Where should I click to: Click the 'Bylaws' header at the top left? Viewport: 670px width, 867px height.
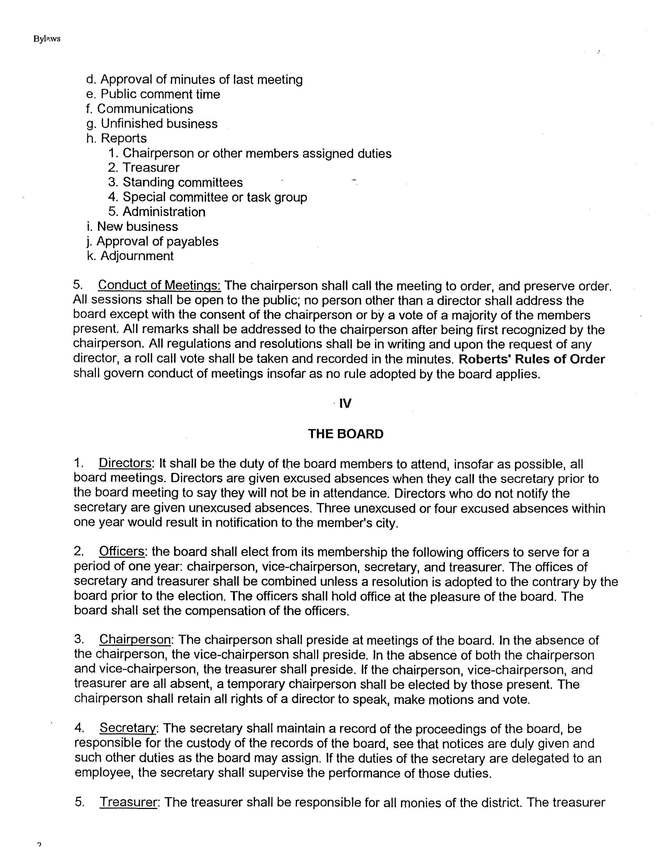(47, 39)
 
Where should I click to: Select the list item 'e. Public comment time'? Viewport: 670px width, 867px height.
(153, 94)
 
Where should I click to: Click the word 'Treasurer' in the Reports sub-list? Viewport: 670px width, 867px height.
(151, 168)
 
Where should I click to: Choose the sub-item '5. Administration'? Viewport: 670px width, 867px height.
(157, 211)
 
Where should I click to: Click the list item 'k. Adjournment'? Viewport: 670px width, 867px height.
(130, 256)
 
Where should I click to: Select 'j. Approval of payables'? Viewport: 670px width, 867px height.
(152, 241)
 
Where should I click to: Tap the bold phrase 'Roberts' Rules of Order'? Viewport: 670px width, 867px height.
(532, 359)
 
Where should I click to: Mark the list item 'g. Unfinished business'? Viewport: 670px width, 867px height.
(152, 123)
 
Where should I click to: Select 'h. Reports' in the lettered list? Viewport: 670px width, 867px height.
(116, 138)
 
